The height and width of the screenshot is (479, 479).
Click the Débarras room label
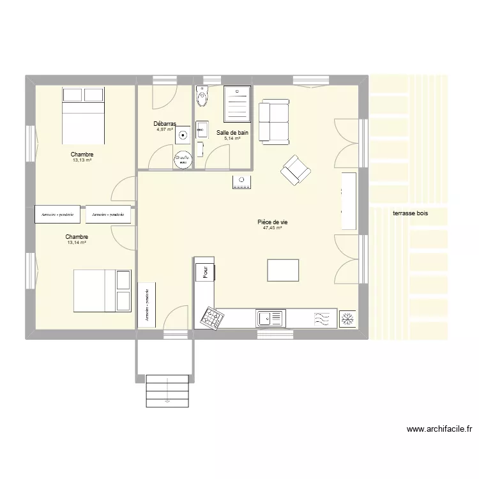pyautogui.click(x=164, y=124)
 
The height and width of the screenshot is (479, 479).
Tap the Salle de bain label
pyautogui.click(x=232, y=133)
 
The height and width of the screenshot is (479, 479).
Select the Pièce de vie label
pyautogui.click(x=272, y=222)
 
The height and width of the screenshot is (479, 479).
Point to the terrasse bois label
pyautogui.click(x=411, y=214)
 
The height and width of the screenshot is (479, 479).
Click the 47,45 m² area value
pyautogui.click(x=272, y=228)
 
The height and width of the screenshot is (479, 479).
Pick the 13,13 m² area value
pyautogui.click(x=82, y=160)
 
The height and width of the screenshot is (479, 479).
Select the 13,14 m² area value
pyautogui.click(x=76, y=243)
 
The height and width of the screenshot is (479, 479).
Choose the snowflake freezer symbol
pyautogui.click(x=348, y=318)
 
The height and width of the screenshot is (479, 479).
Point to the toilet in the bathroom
pyautogui.click(x=203, y=96)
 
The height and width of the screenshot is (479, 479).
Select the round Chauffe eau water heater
pyautogui.click(x=183, y=159)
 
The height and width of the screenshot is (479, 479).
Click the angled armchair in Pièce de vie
pyautogui.click(x=296, y=170)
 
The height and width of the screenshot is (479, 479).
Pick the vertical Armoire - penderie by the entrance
pyautogui.click(x=147, y=305)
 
